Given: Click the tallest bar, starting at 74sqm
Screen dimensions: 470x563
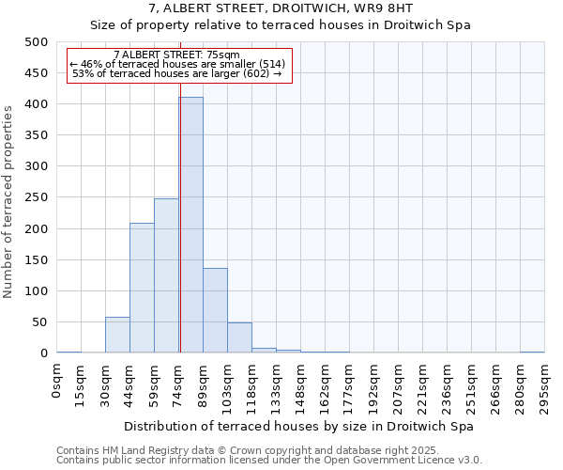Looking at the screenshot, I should [x=190, y=226].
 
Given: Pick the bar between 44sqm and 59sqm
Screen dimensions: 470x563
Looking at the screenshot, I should [x=142, y=288].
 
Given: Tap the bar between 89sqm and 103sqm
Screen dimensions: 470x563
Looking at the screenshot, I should [x=215, y=310].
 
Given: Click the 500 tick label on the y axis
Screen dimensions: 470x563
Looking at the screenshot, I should [x=36, y=42].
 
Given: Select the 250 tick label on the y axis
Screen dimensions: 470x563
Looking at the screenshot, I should [x=36, y=197].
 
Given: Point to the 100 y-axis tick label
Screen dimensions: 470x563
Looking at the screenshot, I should [x=36, y=291].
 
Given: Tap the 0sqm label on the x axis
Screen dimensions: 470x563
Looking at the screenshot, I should [x=57, y=382].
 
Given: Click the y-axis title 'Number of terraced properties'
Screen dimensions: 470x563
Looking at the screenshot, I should [x=8, y=201].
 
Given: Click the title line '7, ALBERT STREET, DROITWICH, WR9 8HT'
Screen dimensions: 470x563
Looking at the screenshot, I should [x=281, y=8].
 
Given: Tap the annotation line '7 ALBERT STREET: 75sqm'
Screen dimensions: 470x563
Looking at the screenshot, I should [x=176, y=55].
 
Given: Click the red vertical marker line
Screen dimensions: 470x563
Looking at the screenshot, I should [x=179, y=216].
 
